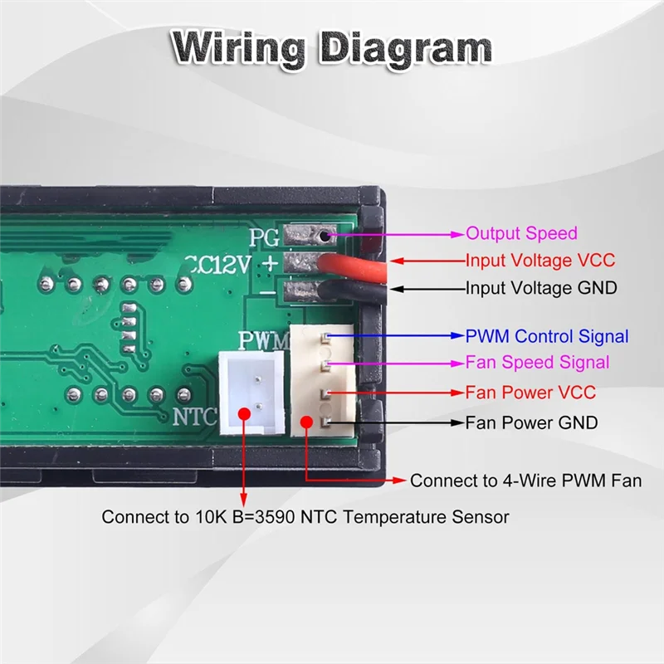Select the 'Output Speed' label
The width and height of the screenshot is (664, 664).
tap(520, 234)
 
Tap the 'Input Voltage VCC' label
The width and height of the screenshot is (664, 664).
tap(539, 261)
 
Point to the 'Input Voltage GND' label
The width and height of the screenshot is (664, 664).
tap(540, 288)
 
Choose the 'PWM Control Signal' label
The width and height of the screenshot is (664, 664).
tap(546, 336)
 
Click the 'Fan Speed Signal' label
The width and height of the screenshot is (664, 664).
tap(537, 363)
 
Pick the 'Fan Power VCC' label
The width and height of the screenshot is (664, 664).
tap(530, 392)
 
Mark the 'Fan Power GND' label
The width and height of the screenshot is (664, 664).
tap(531, 422)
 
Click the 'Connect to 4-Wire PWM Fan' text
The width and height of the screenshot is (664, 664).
tap(525, 481)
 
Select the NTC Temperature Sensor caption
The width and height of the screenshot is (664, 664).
tap(305, 517)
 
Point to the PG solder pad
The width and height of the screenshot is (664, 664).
tap(306, 236)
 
